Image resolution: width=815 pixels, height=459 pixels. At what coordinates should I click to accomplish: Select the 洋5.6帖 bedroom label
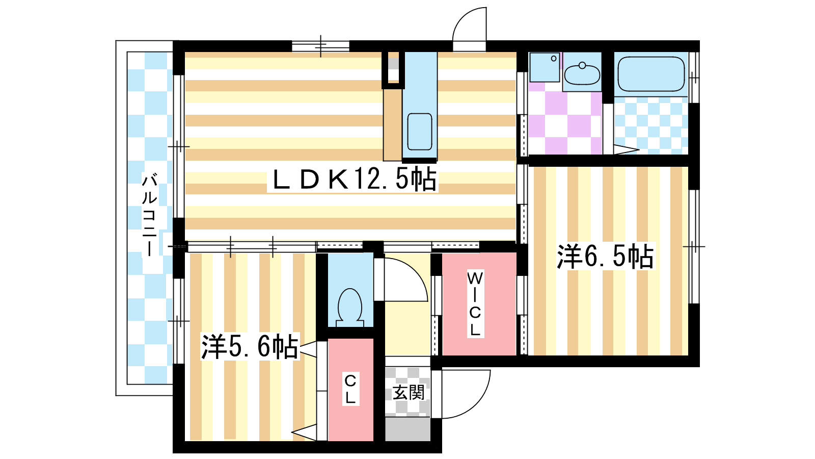(250, 346)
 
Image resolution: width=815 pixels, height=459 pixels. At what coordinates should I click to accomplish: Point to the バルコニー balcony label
(149, 215)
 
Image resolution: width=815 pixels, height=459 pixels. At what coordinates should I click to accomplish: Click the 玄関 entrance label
(409, 393)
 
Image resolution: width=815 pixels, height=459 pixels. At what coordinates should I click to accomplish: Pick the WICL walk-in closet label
(475, 304)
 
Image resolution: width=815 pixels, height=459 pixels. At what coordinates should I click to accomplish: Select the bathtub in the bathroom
(651, 74)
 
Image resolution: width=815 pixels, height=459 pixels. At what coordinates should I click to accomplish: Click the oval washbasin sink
(582, 74)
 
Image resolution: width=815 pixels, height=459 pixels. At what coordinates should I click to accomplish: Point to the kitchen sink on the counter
(420, 132)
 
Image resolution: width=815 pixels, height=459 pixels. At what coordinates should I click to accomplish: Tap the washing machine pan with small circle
(545, 67)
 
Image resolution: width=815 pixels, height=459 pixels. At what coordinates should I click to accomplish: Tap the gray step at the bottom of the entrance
(408, 429)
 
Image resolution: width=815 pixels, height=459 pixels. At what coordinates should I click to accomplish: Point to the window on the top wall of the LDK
(320, 46)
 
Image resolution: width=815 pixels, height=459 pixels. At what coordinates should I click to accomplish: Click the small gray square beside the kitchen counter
(393, 64)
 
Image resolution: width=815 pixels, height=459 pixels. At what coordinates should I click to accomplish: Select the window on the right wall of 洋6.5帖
(694, 247)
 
